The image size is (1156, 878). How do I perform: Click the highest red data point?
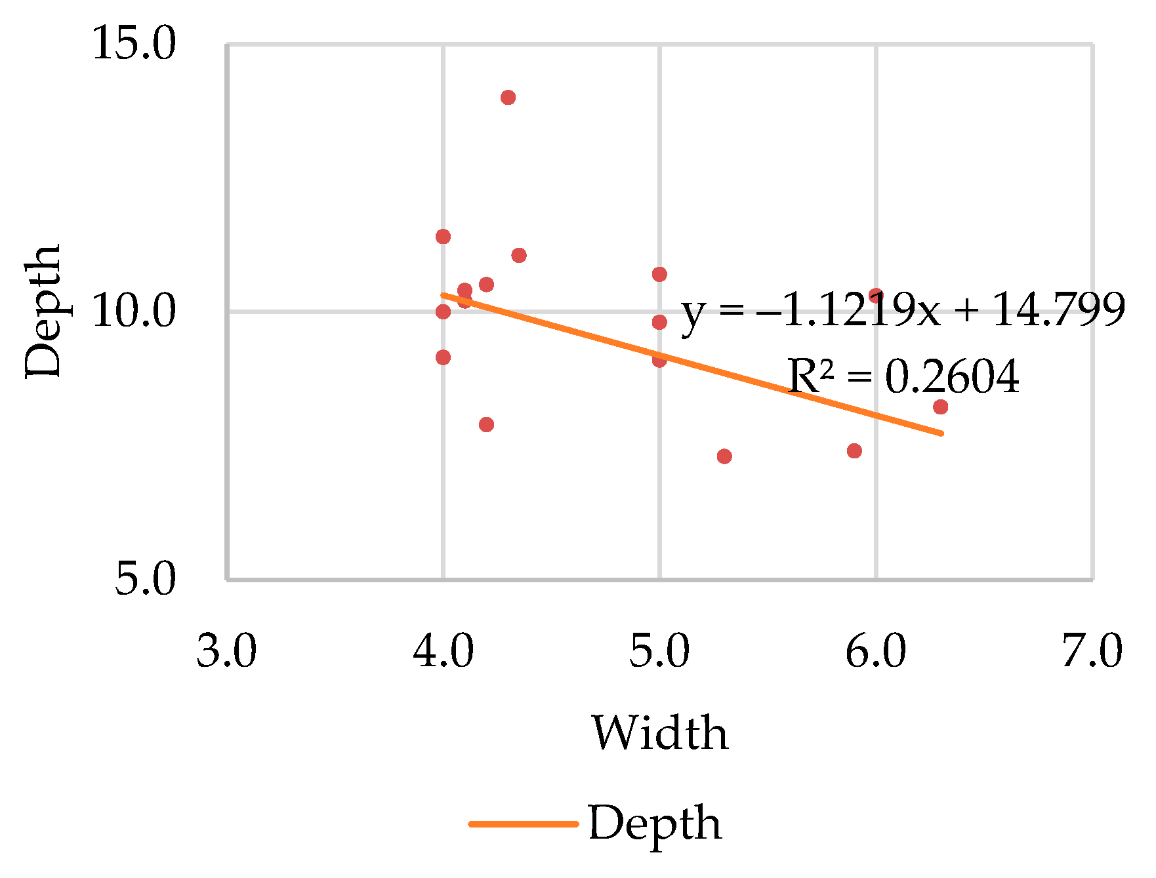click(508, 98)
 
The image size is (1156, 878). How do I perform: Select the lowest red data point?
click(724, 456)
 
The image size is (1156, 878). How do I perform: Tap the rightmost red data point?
click(940, 407)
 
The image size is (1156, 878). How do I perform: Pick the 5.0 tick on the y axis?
click(146, 580)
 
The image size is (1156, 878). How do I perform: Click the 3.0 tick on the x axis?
click(227, 652)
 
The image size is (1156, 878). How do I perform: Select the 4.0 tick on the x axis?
click(444, 652)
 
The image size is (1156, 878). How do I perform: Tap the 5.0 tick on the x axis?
click(659, 652)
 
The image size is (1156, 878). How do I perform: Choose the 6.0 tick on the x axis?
click(875, 652)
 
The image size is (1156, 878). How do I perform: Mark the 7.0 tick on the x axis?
click(1092, 652)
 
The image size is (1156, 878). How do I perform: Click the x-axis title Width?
click(660, 732)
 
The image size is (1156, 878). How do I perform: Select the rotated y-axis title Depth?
click(43, 311)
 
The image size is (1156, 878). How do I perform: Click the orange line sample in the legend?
click(523, 824)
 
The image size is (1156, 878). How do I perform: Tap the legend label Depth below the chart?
click(655, 824)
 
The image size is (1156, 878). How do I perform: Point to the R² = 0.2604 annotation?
click(903, 377)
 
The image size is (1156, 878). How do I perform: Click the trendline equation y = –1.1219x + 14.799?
click(903, 309)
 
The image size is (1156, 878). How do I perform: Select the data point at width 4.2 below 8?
click(486, 425)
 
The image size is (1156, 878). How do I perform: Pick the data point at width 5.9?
click(854, 451)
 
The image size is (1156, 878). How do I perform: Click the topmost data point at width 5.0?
click(659, 274)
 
